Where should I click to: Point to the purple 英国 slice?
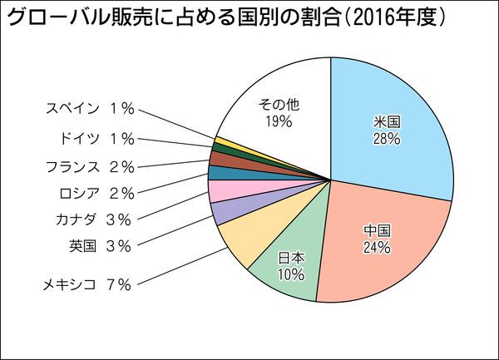224,213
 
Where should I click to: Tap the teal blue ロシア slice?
218,173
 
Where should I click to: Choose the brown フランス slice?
220,159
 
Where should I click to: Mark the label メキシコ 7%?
87,285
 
